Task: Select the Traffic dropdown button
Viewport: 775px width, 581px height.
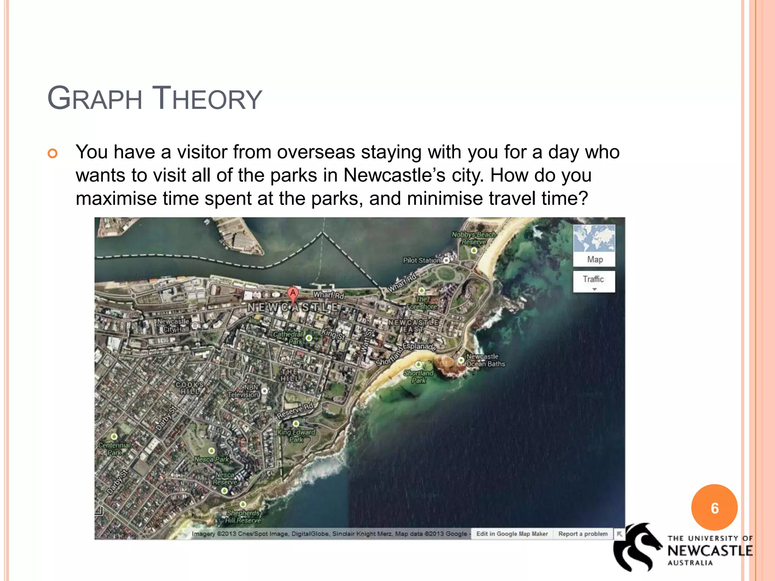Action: point(594,281)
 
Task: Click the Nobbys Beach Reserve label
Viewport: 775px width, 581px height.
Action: point(473,238)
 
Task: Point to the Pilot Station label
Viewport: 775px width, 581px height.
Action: point(422,260)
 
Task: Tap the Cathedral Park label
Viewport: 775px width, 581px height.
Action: point(288,338)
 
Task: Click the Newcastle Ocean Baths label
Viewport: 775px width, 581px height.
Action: point(486,360)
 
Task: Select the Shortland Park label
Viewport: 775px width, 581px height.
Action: point(419,376)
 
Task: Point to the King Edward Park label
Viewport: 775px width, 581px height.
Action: point(296,436)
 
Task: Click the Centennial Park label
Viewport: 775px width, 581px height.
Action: point(114,449)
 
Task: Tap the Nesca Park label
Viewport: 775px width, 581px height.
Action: point(212,459)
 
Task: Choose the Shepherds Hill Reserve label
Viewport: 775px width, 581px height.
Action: point(243,516)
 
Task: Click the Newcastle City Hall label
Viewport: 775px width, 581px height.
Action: point(173,325)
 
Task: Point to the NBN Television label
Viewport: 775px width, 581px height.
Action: point(243,391)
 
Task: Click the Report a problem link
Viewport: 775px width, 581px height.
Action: point(583,534)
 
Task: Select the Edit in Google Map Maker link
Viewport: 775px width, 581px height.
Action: point(512,534)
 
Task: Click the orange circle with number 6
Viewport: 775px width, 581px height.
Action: point(714,508)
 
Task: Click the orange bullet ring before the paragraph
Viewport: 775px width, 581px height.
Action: point(53,153)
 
